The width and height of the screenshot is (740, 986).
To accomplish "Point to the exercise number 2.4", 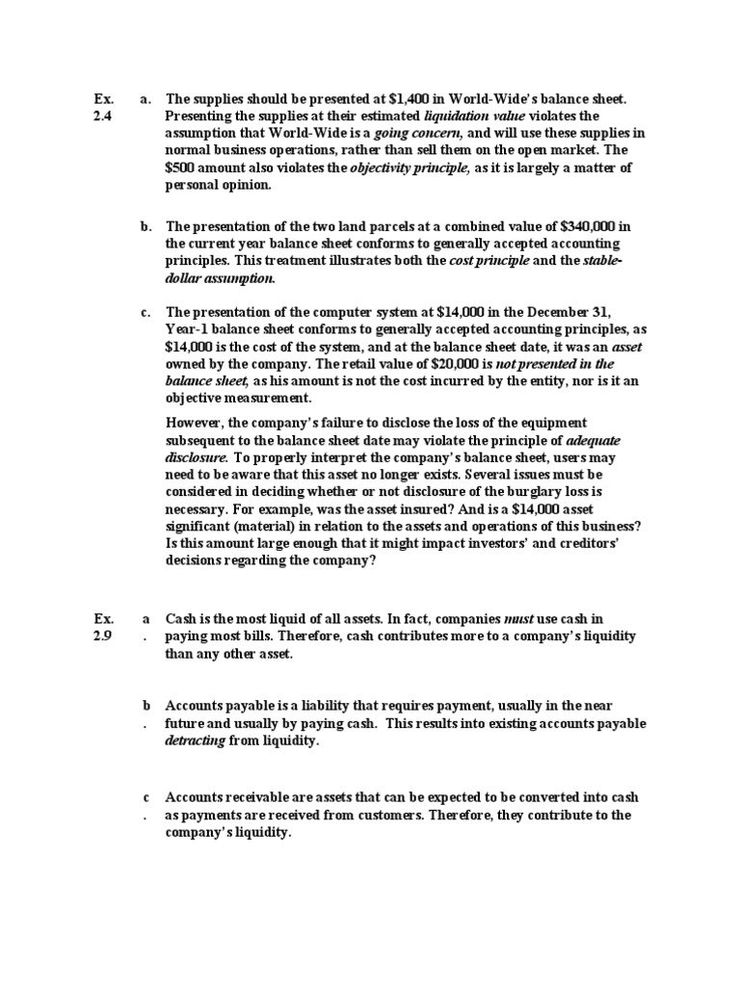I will click(x=103, y=116).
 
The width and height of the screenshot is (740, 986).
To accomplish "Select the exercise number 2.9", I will click(x=103, y=636).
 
